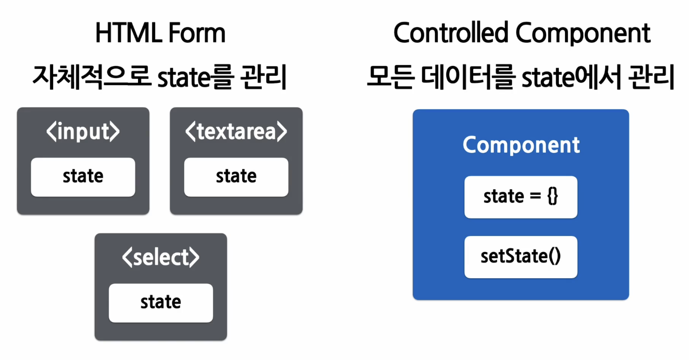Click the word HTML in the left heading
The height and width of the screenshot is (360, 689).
pyautogui.click(x=128, y=33)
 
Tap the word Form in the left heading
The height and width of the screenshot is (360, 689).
pyautogui.click(x=197, y=33)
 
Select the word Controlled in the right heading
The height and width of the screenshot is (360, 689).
pyautogui.click(x=451, y=33)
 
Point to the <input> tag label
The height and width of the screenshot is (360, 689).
pyautogui.click(x=83, y=132)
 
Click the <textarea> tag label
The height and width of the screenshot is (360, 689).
pyautogui.click(x=236, y=132)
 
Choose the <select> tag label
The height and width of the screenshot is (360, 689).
pyautogui.click(x=161, y=257)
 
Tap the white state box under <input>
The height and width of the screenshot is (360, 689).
pyautogui.click(x=83, y=177)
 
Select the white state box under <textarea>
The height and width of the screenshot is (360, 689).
pyautogui.click(x=236, y=177)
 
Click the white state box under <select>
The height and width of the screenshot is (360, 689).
pyautogui.click(x=161, y=303)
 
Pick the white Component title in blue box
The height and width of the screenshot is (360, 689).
pyautogui.click(x=521, y=146)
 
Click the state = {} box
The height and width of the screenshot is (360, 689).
pyautogui.click(x=521, y=197)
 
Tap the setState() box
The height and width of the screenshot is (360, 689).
pyautogui.click(x=521, y=257)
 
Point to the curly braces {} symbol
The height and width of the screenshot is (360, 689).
pyautogui.click(x=553, y=196)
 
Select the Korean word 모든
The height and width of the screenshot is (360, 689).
pyautogui.click(x=391, y=77)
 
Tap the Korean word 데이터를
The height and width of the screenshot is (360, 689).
pyautogui.click(x=467, y=77)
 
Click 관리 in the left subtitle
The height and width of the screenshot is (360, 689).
pyautogui.click(x=263, y=77)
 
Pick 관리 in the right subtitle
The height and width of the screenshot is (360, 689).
pyautogui.click(x=651, y=77)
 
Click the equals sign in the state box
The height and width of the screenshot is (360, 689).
pyautogui.click(x=535, y=196)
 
